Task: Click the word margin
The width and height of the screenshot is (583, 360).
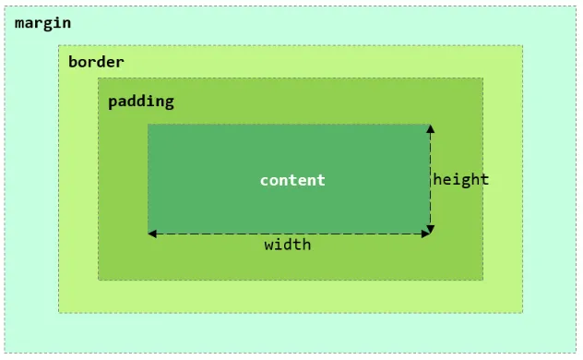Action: [x=42, y=22]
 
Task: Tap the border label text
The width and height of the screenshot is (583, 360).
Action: [x=96, y=63]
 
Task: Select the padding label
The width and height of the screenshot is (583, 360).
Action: [x=140, y=102]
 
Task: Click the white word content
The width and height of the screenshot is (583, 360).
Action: [x=292, y=180]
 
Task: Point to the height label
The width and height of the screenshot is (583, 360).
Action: [x=461, y=179]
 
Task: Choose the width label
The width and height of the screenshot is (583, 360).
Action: [x=288, y=245]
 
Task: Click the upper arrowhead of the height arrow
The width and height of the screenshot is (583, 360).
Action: [x=430, y=128]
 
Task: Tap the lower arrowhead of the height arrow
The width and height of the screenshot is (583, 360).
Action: [x=430, y=229]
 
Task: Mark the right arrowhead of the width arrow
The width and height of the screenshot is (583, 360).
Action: [x=425, y=234]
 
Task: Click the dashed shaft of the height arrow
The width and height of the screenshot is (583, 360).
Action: [x=430, y=179]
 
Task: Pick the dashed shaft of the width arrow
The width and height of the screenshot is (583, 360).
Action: [x=288, y=234]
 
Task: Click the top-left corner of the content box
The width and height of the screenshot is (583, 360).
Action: [x=149, y=125]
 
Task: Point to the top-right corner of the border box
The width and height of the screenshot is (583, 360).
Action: [x=522, y=45]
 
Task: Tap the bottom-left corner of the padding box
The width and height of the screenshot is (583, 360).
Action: [x=99, y=279]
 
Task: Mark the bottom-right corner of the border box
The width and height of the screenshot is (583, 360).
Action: [x=522, y=312]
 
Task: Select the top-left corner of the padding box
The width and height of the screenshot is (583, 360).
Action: [x=99, y=78]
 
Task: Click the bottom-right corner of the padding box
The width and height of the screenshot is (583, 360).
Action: [x=482, y=279]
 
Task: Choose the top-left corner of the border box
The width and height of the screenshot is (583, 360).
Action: [x=59, y=45]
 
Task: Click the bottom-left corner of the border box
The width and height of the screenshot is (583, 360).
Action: [x=59, y=312]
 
